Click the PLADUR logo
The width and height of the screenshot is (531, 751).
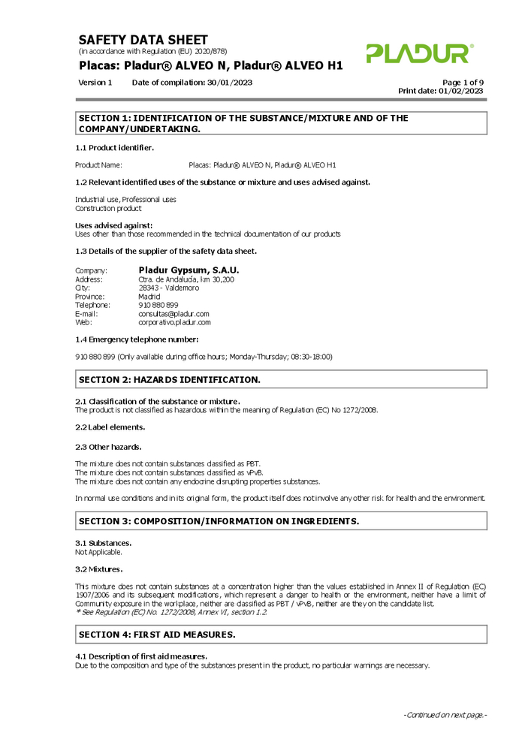(420, 53)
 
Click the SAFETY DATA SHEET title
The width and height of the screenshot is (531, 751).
(143, 40)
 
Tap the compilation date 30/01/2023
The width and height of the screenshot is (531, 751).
(229, 82)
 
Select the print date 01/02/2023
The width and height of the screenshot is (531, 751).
(461, 91)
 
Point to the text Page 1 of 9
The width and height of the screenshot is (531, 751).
(463, 82)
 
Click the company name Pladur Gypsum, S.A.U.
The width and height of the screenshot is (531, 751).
(189, 270)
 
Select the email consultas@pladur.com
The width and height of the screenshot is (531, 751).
(173, 314)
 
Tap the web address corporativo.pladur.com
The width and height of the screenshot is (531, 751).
(174, 322)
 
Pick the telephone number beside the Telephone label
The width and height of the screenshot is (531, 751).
(158, 305)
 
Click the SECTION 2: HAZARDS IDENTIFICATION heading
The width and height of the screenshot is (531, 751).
(170, 380)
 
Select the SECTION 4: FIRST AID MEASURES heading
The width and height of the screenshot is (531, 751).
(157, 635)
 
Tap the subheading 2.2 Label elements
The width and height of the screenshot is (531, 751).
(110, 427)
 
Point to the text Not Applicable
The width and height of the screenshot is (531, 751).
(98, 552)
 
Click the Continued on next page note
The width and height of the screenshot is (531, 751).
(445, 715)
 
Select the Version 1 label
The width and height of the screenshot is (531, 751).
(95, 82)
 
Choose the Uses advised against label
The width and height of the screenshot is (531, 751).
(114, 225)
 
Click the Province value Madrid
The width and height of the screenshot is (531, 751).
(149, 297)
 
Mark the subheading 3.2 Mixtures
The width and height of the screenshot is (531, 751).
(99, 569)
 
